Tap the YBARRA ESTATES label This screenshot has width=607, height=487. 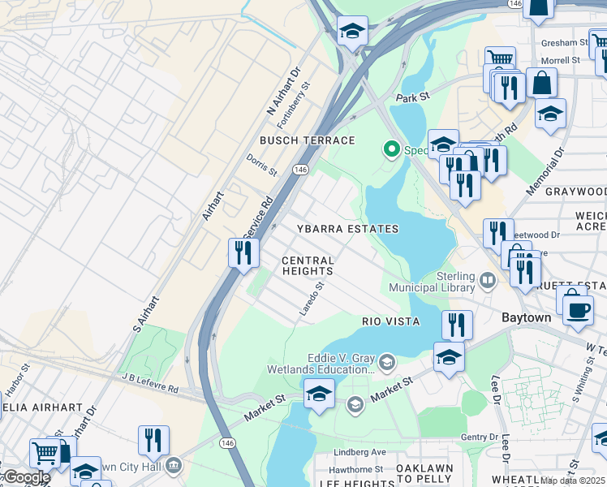tap(347, 230)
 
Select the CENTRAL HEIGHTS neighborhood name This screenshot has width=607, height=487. tap(308, 265)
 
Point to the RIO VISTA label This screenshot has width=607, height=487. tap(390, 321)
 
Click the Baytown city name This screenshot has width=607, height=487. tap(526, 317)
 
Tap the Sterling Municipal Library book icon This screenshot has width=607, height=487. tap(488, 281)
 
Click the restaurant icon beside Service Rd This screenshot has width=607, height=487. tap(243, 252)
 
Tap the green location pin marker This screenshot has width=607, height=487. tap(391, 149)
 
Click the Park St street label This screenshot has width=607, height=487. tap(412, 97)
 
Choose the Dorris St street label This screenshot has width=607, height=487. tap(262, 167)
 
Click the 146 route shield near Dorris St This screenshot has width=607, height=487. tap(300, 169)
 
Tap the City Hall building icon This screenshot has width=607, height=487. tap(174, 466)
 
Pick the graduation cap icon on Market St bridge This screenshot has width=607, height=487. tap(319, 394)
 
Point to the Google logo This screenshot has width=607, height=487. tap(26, 477)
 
